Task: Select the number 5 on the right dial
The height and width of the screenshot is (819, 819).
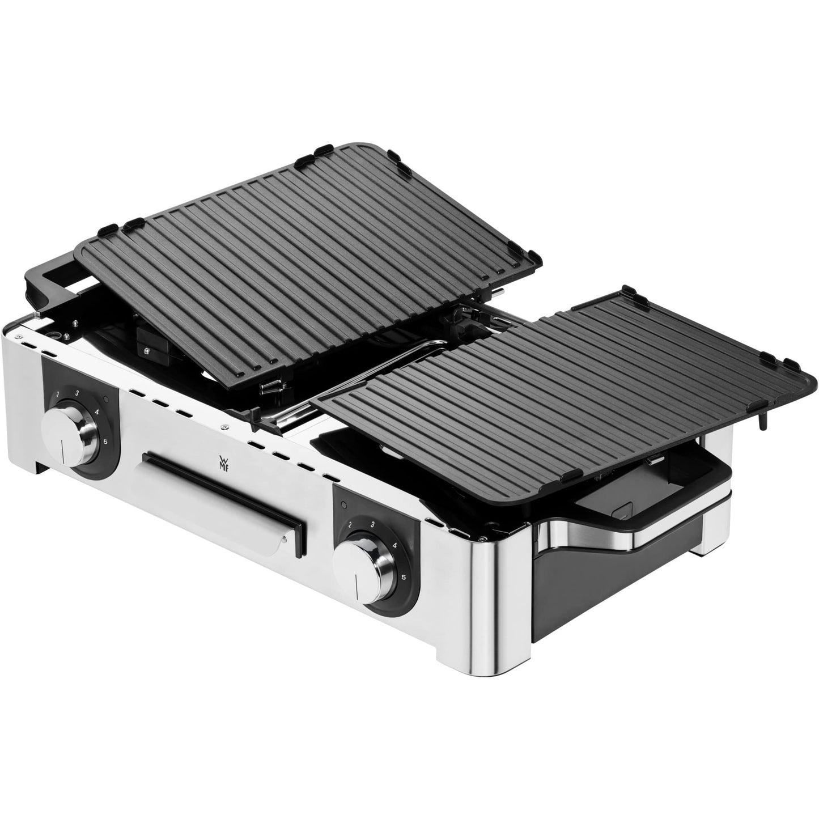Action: point(403,577)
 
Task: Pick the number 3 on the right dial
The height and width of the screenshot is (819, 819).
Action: point(371,525)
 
